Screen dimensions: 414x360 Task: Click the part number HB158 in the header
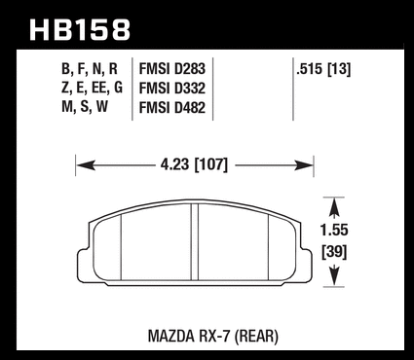pos(80,30)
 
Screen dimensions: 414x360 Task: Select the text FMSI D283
pos(172,69)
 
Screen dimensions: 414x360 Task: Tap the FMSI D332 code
pos(172,89)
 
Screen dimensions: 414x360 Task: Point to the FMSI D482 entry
pos(172,107)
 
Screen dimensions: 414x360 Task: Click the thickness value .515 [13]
pos(323,69)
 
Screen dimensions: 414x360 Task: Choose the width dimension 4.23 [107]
pos(194,164)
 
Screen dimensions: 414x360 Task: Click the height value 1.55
pos(334,231)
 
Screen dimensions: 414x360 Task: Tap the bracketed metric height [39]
pos(334,252)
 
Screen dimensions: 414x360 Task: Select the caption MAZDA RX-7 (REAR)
pos(213,337)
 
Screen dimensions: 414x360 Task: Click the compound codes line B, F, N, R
pos(90,69)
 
